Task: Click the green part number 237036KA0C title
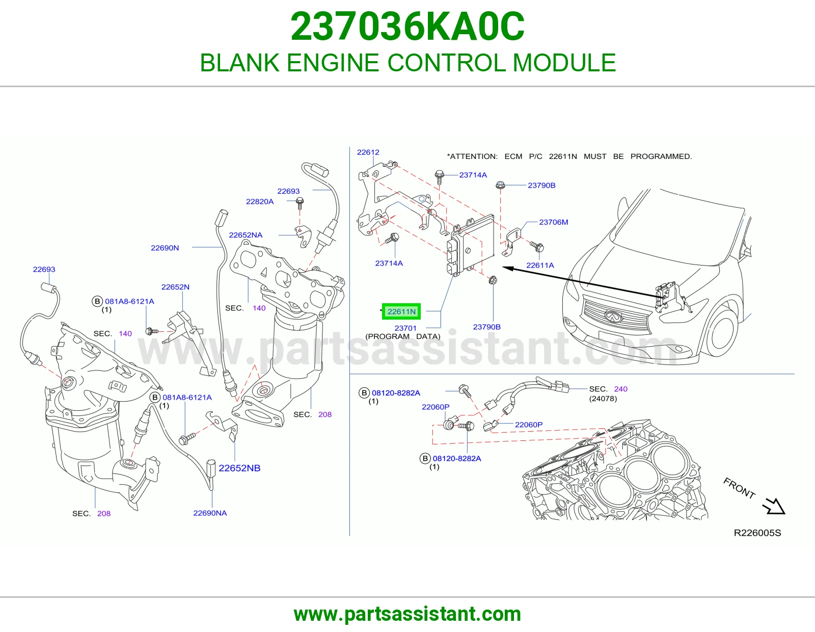coord(407,27)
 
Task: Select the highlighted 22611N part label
coord(401,311)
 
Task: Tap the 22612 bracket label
coord(368,152)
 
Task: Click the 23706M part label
coord(554,222)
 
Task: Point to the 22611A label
coord(540,266)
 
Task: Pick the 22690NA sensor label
coord(210,513)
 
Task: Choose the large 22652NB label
coord(239,468)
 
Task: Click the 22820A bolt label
coord(260,201)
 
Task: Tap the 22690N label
coord(165,248)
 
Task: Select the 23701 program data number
coord(405,328)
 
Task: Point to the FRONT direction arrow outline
coord(774,506)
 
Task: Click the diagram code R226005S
coord(757,533)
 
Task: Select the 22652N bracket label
coord(175,287)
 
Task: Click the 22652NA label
coord(246,235)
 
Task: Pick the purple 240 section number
coord(621,389)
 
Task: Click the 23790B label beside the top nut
coord(541,186)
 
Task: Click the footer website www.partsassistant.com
coord(407,614)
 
